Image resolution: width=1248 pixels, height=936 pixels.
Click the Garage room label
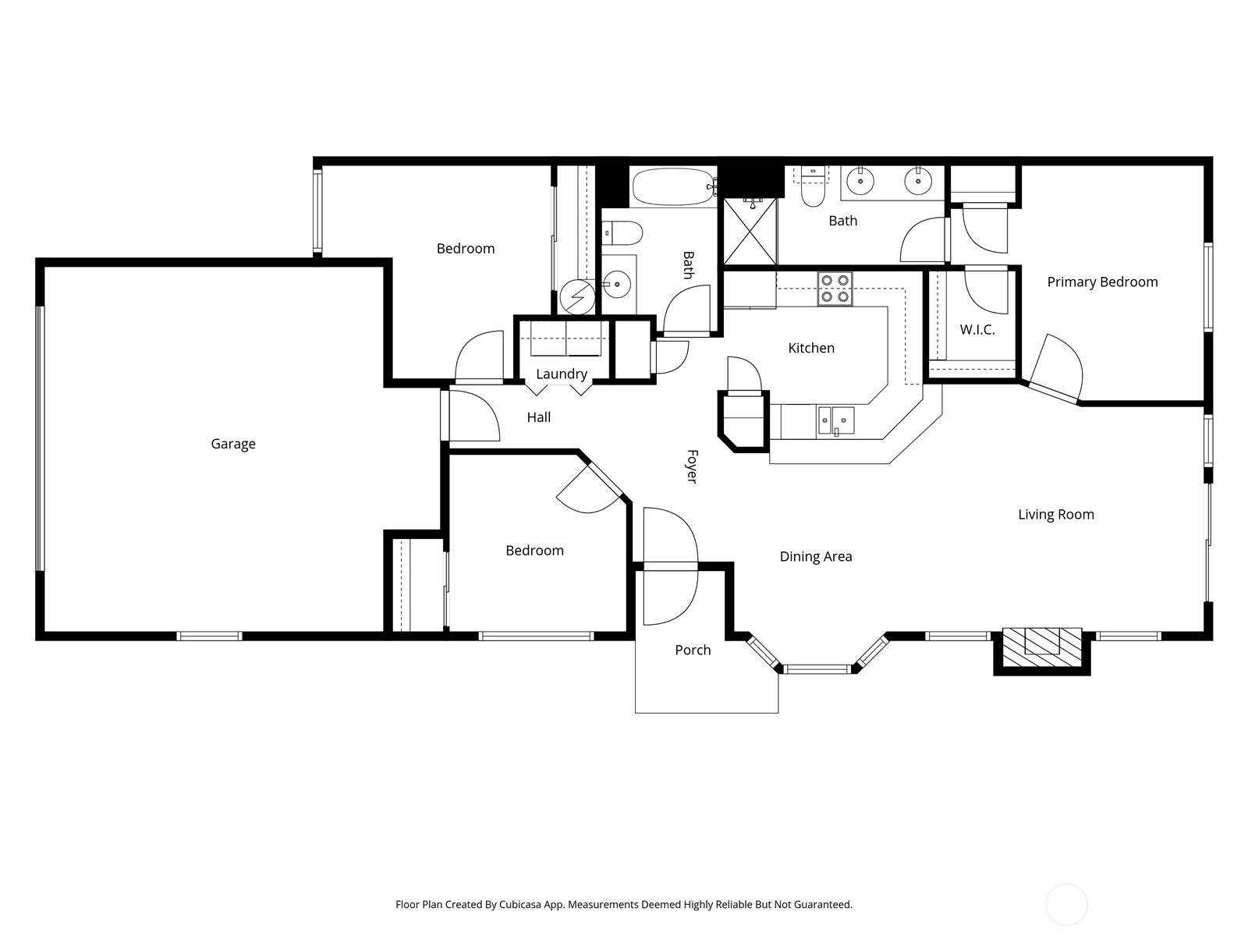click(233, 444)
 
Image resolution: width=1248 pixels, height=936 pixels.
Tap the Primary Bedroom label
click(1102, 282)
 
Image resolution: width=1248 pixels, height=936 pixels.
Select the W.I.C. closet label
click(977, 330)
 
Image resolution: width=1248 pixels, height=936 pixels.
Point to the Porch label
click(693, 650)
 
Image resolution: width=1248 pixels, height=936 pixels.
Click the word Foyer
click(692, 466)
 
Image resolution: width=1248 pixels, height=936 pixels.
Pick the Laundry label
click(561, 374)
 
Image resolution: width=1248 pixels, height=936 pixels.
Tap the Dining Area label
click(816, 556)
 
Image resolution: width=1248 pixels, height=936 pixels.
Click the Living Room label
click(1056, 514)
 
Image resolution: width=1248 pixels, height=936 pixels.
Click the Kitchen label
click(811, 348)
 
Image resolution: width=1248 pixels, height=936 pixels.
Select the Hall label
click(538, 417)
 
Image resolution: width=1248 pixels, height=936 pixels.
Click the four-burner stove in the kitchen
click(835, 288)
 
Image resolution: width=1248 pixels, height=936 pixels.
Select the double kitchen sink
click(836, 421)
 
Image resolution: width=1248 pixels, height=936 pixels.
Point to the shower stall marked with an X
click(750, 232)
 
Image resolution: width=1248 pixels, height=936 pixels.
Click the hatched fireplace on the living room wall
click(1041, 647)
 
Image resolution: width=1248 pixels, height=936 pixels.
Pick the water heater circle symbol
click(577, 296)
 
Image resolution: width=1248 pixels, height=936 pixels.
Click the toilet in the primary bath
click(813, 187)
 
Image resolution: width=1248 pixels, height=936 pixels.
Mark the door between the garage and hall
click(470, 416)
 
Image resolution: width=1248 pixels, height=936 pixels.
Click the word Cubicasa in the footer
click(521, 905)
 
